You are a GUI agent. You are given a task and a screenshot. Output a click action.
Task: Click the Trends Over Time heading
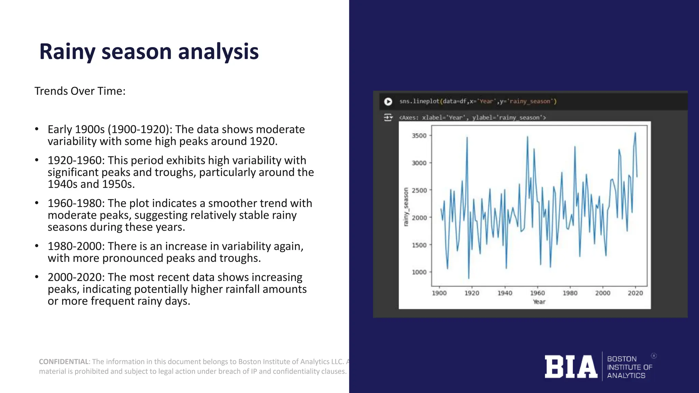coord(80,91)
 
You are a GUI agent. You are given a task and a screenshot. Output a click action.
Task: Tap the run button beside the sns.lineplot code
coord(388,102)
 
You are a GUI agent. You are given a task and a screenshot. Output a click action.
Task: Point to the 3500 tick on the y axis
coord(419,135)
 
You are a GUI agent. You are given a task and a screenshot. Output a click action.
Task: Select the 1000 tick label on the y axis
coord(419,272)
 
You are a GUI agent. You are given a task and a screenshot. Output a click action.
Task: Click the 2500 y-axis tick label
coord(419,190)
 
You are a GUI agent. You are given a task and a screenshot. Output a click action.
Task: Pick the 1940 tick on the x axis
coord(505,293)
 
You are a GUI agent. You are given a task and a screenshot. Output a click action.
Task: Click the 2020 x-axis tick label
coord(635,293)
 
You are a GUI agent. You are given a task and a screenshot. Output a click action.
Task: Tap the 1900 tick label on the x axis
coord(439,293)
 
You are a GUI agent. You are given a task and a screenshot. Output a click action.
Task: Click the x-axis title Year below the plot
coord(539,302)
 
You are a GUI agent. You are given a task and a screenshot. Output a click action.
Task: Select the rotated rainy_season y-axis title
coord(406,207)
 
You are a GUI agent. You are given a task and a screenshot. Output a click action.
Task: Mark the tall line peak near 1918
coord(467,137)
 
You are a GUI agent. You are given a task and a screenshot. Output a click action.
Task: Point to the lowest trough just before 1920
coord(469,278)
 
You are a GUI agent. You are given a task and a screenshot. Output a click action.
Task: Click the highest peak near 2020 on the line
coord(635,133)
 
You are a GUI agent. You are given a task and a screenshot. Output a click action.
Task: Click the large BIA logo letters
coord(571,367)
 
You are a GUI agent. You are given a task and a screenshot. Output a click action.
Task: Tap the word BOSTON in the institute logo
coord(622,359)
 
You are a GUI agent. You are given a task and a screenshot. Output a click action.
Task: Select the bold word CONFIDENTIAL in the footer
coord(63,362)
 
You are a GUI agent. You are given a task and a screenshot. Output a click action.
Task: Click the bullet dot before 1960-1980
coord(37,203)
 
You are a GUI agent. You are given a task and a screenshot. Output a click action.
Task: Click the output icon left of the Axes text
coord(388,118)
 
